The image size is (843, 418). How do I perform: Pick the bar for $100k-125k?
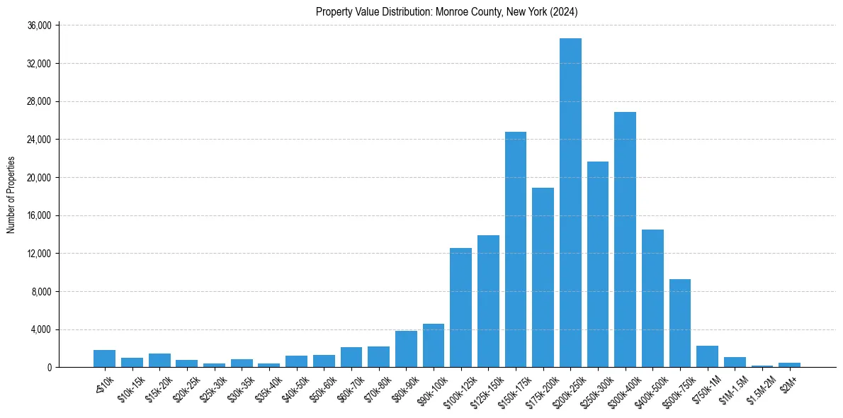[460, 307]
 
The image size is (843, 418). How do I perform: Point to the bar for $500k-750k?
[680, 323]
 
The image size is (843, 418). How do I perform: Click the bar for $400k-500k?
[652, 298]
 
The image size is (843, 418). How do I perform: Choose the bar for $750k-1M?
[707, 356]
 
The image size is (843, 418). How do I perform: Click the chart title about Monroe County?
[447, 12]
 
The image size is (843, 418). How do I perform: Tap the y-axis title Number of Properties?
[11, 196]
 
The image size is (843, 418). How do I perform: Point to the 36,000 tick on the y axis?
[38, 26]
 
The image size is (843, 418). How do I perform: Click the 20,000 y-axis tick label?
[38, 178]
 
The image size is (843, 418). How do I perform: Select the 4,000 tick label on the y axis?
[41, 329]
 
